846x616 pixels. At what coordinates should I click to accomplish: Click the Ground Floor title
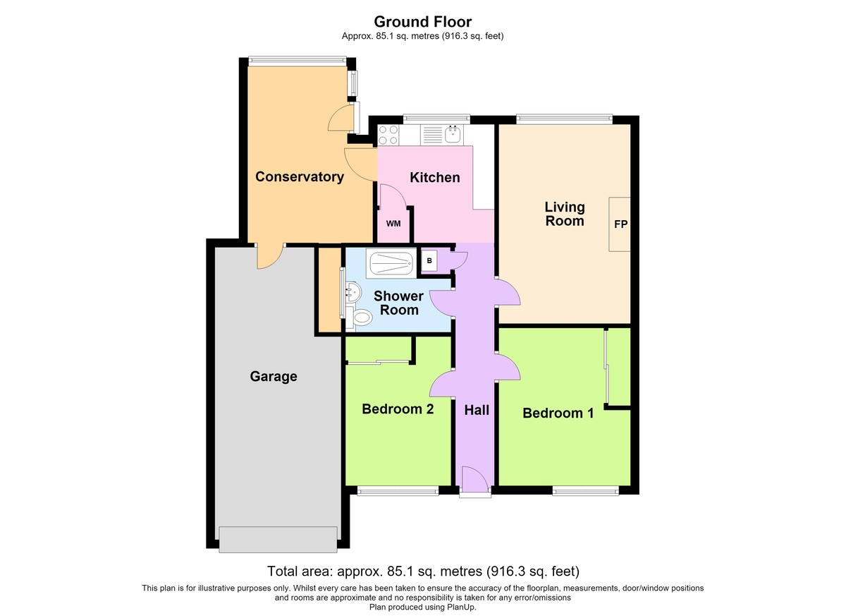[x=422, y=22]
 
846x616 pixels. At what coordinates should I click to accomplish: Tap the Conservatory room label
[x=300, y=177]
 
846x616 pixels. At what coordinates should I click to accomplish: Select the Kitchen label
[x=435, y=177]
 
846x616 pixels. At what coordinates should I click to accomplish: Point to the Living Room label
[x=565, y=214]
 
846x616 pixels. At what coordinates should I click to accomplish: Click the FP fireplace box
[x=620, y=224]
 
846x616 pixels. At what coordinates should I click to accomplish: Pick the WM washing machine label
[x=393, y=224]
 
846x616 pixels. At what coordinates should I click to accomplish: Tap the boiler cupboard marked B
[x=429, y=261]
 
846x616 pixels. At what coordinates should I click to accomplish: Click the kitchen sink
[x=453, y=134]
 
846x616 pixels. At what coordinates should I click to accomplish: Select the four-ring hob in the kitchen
[x=388, y=135]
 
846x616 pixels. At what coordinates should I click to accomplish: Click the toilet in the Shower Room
[x=359, y=317]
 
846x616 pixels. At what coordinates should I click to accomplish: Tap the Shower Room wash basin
[x=353, y=291]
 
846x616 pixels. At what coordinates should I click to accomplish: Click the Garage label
[x=274, y=376]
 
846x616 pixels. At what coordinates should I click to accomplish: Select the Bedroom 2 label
[x=398, y=409]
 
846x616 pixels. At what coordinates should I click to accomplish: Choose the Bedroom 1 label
[x=558, y=413]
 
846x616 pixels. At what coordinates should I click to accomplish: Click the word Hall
[x=477, y=410]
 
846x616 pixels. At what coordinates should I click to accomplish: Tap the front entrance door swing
[x=475, y=479]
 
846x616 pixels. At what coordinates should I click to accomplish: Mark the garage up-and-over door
[x=278, y=540]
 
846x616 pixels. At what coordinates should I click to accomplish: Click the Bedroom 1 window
[x=585, y=491]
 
